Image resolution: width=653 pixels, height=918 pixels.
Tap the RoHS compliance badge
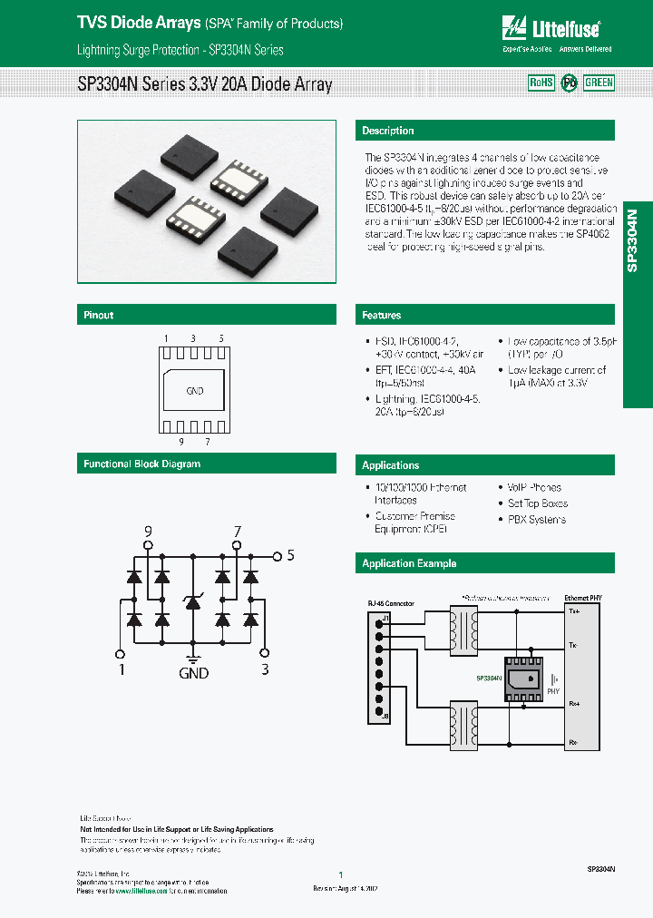pos(541,83)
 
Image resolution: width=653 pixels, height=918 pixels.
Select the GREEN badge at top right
pos(599,83)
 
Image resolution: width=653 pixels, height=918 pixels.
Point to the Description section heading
pos(388,131)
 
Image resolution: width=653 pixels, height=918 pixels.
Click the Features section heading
pos(382,316)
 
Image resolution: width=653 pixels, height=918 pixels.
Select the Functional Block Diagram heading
pos(142,464)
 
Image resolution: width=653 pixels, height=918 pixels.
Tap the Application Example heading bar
pos(409,563)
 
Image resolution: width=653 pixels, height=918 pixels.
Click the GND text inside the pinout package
pos(194,391)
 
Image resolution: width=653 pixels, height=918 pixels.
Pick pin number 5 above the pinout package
pos(221,338)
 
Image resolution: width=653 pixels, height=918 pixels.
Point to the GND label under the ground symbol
pos(193,673)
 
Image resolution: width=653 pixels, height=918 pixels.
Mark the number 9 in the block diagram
pos(149,531)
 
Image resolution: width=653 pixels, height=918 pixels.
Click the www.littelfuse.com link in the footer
pos(141,891)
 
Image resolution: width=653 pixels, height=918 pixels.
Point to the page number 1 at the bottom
pos(340,874)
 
